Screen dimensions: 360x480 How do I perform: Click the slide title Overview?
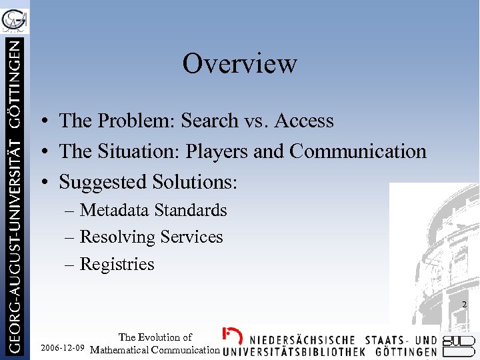pos(239,64)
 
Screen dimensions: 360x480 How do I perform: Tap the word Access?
pos(303,121)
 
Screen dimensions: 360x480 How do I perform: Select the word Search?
pos(211,121)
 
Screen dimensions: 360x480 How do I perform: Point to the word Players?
pos(218,151)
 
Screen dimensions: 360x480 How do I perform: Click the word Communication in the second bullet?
pos(357,151)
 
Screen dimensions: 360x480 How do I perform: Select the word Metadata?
pos(115,211)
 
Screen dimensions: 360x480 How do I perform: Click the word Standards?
pos(191,211)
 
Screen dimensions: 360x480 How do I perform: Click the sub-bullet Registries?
pos(117,265)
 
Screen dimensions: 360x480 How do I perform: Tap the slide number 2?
pos(464,305)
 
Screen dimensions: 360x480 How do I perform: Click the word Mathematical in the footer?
pos(121,350)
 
